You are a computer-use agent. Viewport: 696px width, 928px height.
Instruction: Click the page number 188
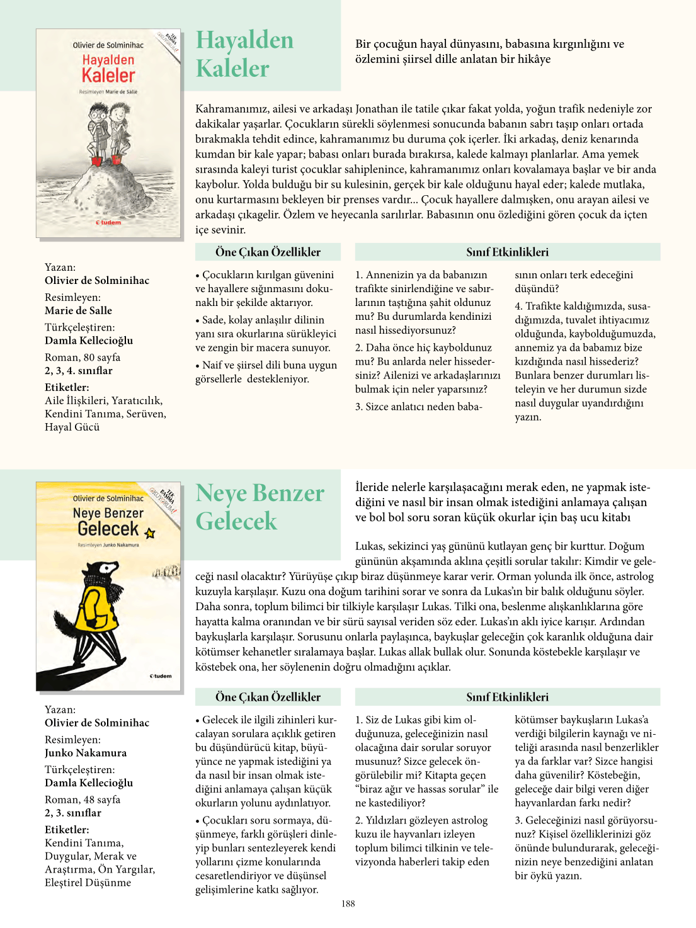348,903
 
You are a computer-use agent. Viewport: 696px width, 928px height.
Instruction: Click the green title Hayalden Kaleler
244,54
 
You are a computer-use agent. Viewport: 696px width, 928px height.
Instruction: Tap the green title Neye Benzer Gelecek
260,507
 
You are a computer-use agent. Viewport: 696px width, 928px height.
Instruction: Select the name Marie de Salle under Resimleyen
78,310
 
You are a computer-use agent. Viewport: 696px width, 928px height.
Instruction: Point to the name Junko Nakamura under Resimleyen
86,753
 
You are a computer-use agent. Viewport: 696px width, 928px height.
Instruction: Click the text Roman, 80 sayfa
83,358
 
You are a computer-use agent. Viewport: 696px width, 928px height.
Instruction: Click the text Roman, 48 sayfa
83,800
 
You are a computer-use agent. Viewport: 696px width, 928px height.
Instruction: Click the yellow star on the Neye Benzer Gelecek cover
149,533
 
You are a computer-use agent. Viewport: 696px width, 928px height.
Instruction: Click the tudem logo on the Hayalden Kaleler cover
108,222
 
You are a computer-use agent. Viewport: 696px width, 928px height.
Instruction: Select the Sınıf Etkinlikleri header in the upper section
507,252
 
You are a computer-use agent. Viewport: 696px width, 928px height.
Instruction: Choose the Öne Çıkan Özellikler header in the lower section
268,697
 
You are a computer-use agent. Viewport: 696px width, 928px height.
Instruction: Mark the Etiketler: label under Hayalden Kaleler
67,388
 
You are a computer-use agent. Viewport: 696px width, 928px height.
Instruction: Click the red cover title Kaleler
108,76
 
